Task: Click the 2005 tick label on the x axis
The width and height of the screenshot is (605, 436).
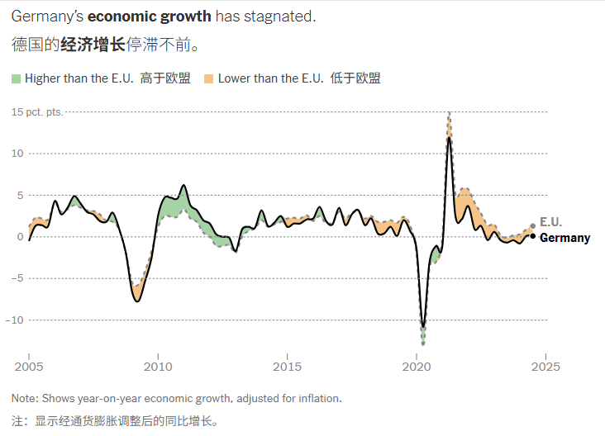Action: pos(29,366)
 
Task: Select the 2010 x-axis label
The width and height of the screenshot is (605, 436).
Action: pos(158,366)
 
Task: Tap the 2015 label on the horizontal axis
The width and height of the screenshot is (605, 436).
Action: pos(287,366)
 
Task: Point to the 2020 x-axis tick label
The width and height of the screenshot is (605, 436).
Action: pos(416,366)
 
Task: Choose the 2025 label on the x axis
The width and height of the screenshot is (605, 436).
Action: pos(545,366)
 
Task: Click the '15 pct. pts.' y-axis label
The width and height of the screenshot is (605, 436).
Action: pos(37,111)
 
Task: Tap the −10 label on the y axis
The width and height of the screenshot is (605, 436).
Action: pos(17,320)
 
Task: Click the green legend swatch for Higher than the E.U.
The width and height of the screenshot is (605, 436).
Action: pos(16,78)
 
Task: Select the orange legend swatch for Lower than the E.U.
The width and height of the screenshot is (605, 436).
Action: pos(209,78)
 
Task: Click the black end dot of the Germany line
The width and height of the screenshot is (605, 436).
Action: pos(532,236)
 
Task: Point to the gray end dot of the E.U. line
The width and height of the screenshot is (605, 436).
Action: pos(532,225)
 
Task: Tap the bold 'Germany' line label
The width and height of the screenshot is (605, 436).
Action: pos(565,238)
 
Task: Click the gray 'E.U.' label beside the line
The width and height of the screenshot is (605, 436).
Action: pos(550,222)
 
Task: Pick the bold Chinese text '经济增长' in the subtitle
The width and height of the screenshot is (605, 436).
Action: pos(93,44)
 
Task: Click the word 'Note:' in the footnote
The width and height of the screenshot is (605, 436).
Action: pos(25,398)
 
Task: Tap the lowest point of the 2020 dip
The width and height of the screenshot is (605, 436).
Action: pos(423,342)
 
